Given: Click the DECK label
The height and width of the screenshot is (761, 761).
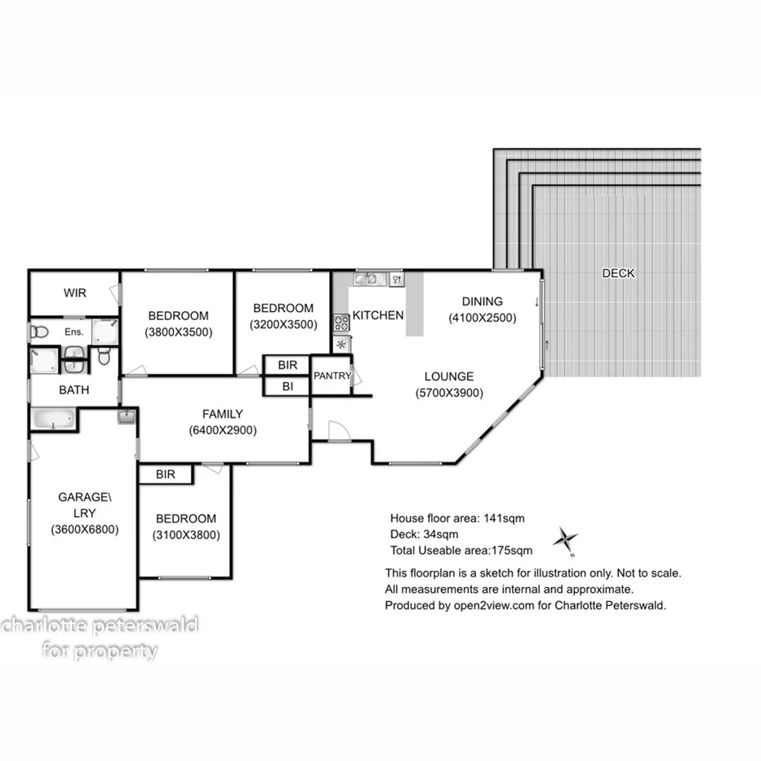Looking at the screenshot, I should (x=617, y=274).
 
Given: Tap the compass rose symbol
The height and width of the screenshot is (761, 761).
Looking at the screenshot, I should (x=565, y=539).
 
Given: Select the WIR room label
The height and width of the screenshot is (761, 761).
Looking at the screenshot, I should (x=75, y=293).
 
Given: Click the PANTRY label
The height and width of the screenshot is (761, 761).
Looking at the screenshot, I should (x=331, y=376).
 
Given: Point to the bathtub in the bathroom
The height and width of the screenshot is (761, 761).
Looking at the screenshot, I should (x=53, y=420).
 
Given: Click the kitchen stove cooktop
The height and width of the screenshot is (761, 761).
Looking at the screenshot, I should (x=341, y=323).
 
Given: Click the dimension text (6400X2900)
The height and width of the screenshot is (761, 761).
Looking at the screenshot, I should (x=222, y=430).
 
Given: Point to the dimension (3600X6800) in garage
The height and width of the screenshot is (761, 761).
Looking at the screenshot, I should (x=83, y=528).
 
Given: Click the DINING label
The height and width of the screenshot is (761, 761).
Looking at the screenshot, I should (x=482, y=301).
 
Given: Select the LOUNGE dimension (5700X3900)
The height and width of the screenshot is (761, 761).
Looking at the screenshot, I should (x=448, y=392).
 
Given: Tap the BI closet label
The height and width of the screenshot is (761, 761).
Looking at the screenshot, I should (x=287, y=386).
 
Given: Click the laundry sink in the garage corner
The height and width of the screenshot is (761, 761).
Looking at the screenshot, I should (x=127, y=418).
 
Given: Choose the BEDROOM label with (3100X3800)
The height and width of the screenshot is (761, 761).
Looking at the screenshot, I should (x=186, y=518).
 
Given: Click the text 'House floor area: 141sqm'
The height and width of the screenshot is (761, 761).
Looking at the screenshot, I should (x=456, y=518).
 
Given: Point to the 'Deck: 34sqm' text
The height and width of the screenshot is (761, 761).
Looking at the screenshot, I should (x=422, y=534).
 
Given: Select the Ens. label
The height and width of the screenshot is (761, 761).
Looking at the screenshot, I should (x=74, y=332).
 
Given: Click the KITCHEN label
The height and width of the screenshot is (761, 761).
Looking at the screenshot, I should (x=377, y=315).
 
